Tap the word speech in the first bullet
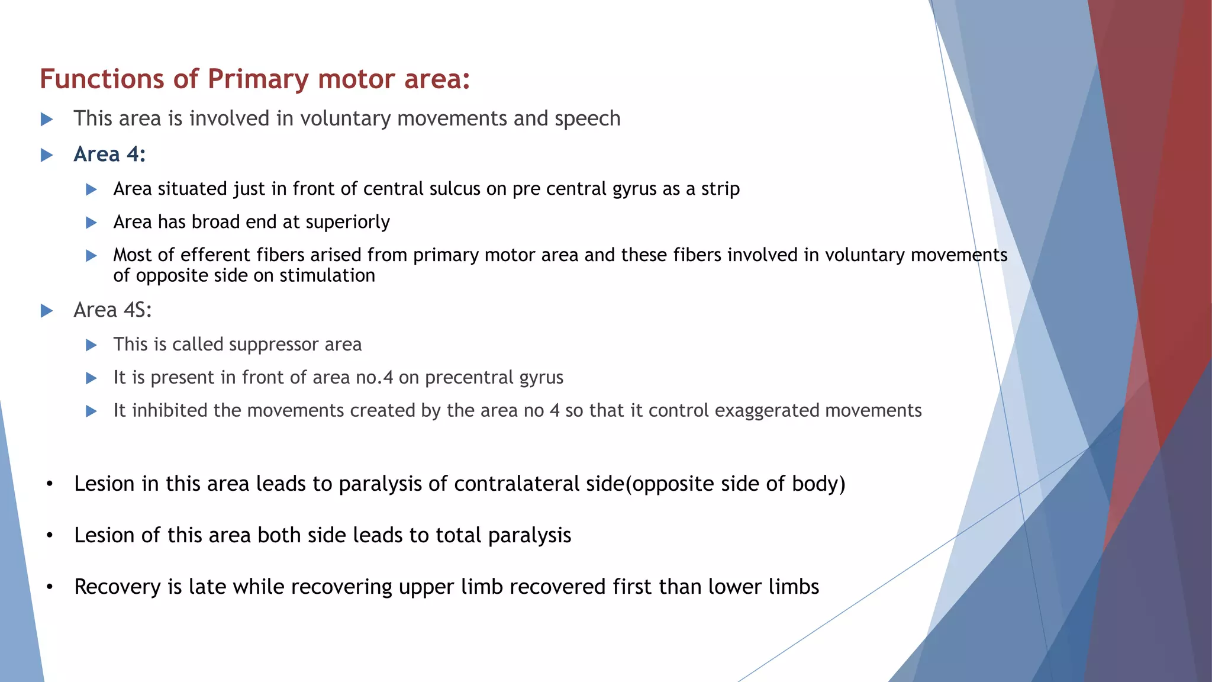(x=587, y=119)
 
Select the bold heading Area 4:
(x=109, y=155)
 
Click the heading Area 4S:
(x=112, y=310)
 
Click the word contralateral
(x=517, y=484)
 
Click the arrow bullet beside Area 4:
(x=47, y=155)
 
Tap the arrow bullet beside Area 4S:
(x=47, y=311)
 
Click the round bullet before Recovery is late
(x=50, y=587)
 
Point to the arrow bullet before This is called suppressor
(x=91, y=345)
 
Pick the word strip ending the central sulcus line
(x=720, y=189)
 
